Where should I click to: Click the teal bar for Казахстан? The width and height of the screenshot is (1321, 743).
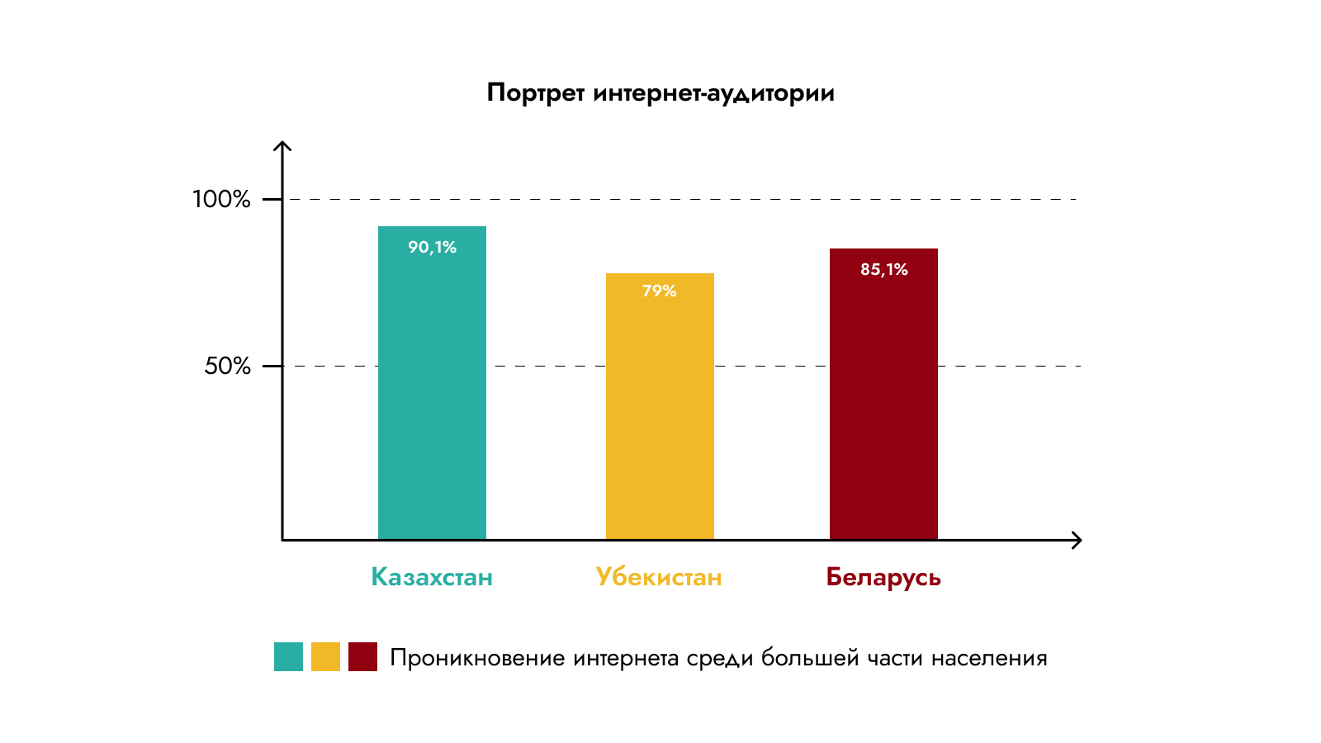tap(432, 396)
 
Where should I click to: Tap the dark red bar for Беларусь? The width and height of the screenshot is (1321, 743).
tap(883, 405)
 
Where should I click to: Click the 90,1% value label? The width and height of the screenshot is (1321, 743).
tap(432, 247)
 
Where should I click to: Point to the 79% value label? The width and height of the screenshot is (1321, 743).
tap(660, 291)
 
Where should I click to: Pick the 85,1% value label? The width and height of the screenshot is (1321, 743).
tap(883, 269)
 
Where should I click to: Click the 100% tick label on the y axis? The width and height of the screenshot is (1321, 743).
tap(221, 199)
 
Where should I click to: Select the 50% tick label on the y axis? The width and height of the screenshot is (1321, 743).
tap(227, 366)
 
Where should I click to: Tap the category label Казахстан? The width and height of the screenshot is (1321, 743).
tap(432, 576)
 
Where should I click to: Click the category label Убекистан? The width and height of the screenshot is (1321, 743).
tap(659, 576)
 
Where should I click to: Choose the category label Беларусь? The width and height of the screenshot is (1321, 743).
tap(883, 577)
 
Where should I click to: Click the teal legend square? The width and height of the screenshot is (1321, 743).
tap(288, 656)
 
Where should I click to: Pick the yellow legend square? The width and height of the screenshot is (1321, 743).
tap(325, 656)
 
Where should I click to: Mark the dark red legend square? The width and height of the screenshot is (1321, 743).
tap(362, 656)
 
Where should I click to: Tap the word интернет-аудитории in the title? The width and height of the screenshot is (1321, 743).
tap(713, 92)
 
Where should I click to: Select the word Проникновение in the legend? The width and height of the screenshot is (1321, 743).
tap(477, 658)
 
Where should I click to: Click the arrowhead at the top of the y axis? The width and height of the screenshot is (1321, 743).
tap(282, 147)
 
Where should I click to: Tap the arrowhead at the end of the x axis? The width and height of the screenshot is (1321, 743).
tap(1077, 540)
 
